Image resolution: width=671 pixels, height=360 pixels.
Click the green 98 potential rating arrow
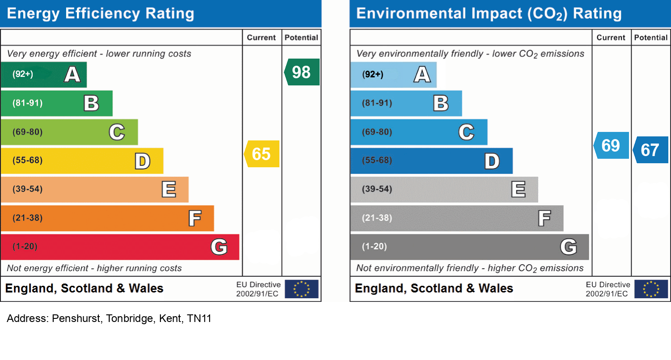click(302, 72)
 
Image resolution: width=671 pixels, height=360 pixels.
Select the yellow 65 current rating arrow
click(262, 154)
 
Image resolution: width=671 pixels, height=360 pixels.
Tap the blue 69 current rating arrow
click(611, 145)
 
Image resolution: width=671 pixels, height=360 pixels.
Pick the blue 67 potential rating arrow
click(650, 150)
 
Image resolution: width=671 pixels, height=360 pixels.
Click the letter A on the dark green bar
click(72, 74)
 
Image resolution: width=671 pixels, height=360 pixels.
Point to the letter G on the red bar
click(219, 246)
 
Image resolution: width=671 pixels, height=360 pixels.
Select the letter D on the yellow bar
click(143, 161)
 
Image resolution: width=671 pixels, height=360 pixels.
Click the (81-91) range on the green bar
click(28, 103)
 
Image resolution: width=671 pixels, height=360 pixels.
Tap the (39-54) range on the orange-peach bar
click(28, 189)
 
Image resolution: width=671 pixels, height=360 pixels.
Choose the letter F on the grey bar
click(544, 218)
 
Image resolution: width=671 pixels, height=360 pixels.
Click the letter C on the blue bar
click(466, 132)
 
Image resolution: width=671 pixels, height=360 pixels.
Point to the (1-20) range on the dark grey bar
click(375, 246)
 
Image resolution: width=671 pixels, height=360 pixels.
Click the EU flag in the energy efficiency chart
click(301, 289)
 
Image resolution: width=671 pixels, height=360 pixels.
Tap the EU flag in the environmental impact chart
click(651, 289)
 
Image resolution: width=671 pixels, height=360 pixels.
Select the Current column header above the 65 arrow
click(262, 38)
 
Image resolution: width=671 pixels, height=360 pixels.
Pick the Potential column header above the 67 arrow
click(651, 38)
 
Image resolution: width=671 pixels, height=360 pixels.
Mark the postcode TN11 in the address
click(199, 319)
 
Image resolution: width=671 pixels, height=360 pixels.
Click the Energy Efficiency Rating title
click(101, 14)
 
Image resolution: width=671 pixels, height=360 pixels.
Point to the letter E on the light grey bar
click(519, 190)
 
